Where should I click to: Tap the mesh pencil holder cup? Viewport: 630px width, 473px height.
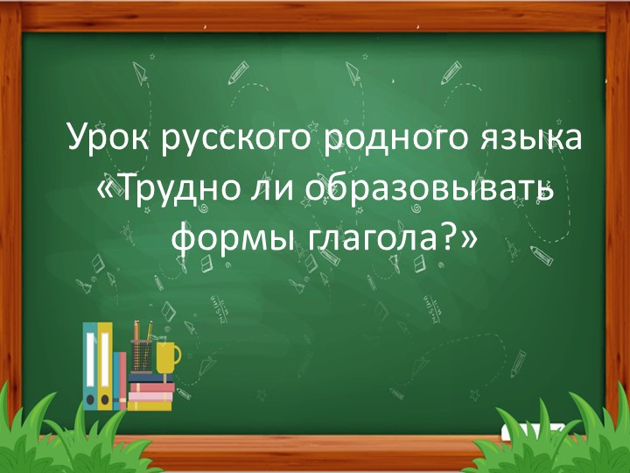point(141,357)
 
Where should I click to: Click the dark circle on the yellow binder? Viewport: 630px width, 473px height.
point(106,399)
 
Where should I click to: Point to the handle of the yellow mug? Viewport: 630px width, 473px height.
point(178,355)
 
